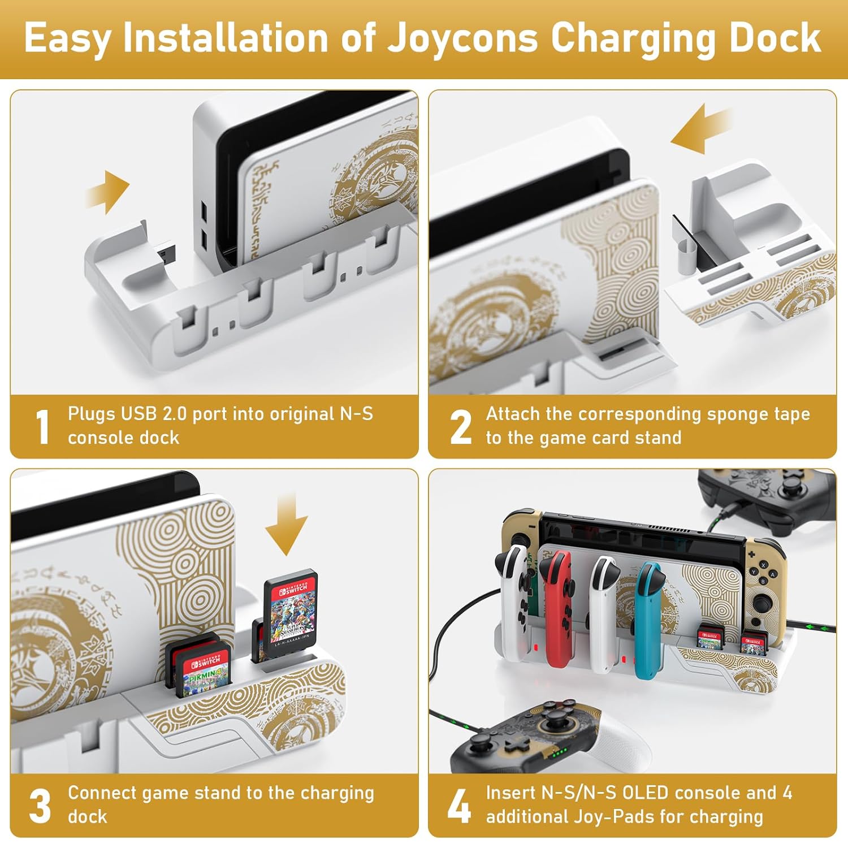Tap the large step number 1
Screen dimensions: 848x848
tap(43, 427)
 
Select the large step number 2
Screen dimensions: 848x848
tap(461, 427)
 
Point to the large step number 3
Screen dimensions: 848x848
tap(40, 806)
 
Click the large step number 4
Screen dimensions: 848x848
tap(459, 806)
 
